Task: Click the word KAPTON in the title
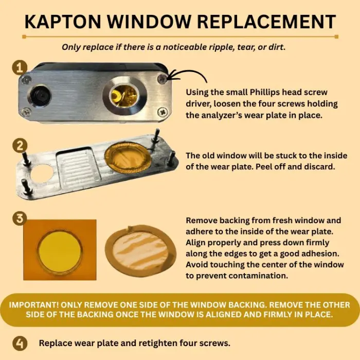pyautogui.click(x=63, y=22)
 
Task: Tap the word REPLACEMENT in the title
pyautogui.click(x=266, y=22)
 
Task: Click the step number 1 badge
pyautogui.click(x=20, y=67)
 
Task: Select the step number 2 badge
pyautogui.click(x=20, y=146)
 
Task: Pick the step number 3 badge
pyautogui.click(x=20, y=218)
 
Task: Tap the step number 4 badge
pyautogui.click(x=20, y=344)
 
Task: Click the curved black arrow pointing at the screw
pyautogui.click(x=187, y=73)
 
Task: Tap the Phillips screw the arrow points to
pyautogui.click(x=163, y=79)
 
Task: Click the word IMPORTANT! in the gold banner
pyautogui.click(x=34, y=304)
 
